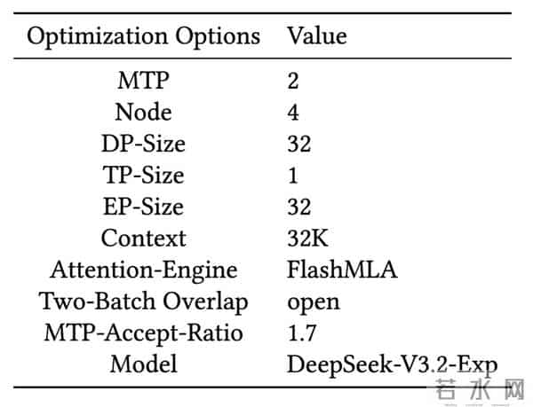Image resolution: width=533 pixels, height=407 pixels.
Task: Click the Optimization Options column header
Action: (143, 36)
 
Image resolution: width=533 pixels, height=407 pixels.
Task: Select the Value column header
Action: (316, 36)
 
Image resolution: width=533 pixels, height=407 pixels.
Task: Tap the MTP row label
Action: (143, 82)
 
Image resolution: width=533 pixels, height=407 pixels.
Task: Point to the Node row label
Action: (143, 113)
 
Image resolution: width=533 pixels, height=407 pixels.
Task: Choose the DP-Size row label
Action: (143, 145)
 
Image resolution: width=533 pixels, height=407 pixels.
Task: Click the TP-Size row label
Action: (143, 176)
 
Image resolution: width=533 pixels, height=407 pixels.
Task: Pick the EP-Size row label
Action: (143, 207)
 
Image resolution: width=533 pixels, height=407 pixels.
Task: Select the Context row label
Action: (143, 238)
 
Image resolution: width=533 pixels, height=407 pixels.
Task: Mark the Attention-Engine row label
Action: (143, 270)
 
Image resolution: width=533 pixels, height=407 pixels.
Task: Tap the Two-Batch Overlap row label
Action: (143, 301)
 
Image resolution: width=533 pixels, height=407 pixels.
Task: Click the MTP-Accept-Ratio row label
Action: (143, 333)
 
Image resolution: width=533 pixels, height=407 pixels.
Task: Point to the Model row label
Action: (143, 364)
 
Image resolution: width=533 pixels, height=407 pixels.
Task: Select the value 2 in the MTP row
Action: (293, 82)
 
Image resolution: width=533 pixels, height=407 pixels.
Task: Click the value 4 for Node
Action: (293, 113)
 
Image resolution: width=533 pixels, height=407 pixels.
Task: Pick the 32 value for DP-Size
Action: (299, 145)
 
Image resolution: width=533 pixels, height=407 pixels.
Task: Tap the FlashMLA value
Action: (342, 270)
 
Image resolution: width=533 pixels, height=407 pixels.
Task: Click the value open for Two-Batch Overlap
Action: (313, 302)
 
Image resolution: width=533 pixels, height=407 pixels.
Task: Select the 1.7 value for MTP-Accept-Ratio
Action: (302, 333)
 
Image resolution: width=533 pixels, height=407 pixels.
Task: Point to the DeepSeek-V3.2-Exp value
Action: (392, 364)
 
